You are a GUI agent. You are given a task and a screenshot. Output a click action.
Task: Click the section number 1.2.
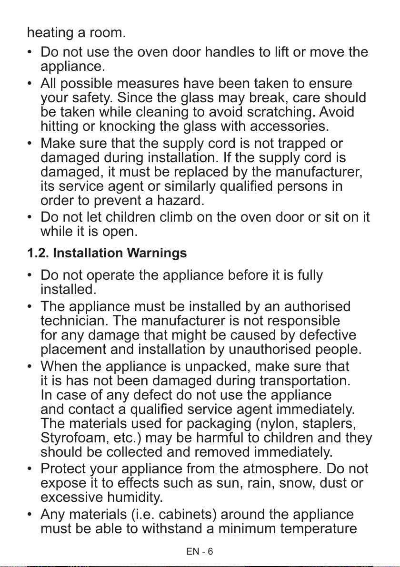click(x=38, y=254)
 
